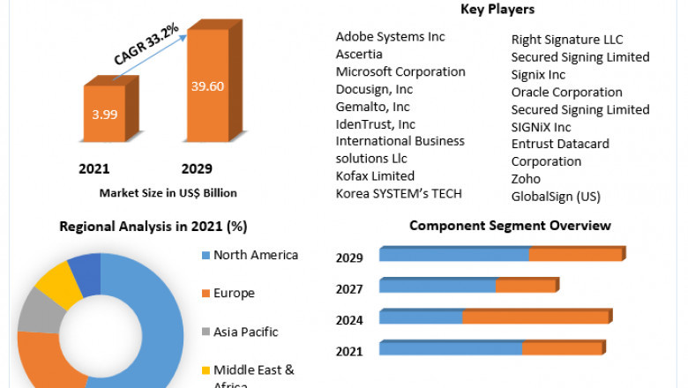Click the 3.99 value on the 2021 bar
[104, 115]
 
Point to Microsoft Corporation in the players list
[400, 71]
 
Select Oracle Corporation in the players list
[566, 92]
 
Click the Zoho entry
[526, 179]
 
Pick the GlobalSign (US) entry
[556, 197]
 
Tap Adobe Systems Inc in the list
[390, 36]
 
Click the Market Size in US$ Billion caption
[168, 192]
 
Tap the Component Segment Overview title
[510, 226]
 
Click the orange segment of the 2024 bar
[536, 317]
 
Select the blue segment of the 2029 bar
[453, 255]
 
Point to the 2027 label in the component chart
[349, 289]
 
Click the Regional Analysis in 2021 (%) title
[153, 227]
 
